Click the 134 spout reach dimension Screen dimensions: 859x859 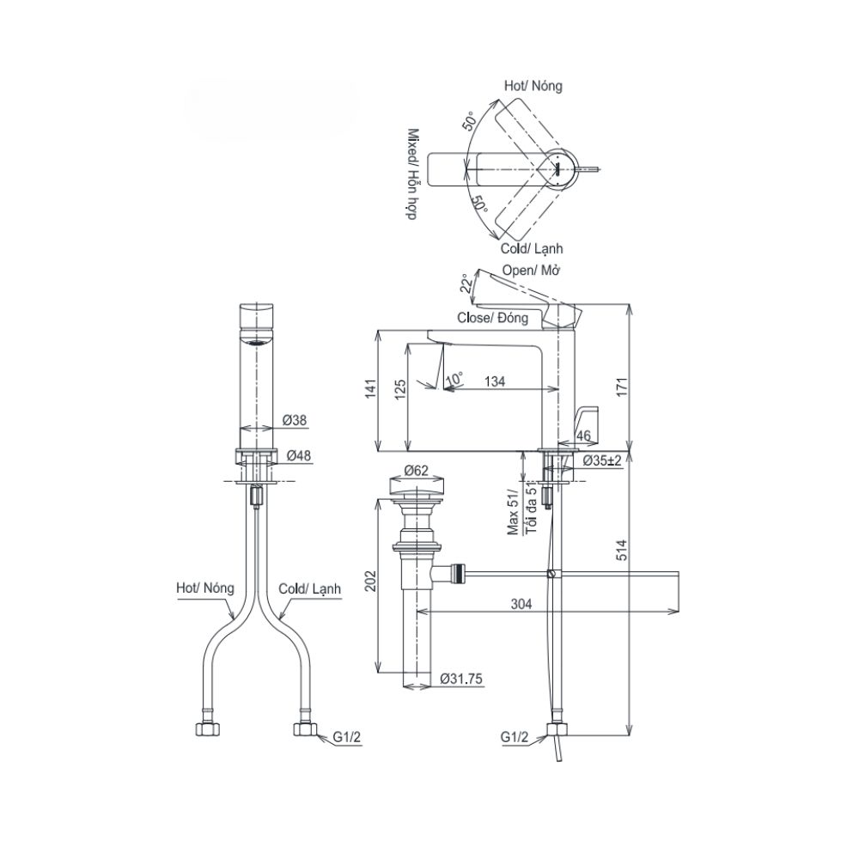pyautogui.click(x=495, y=381)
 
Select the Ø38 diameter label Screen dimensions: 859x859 pyautogui.click(x=295, y=421)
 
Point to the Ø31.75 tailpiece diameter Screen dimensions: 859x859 pyautogui.click(x=461, y=678)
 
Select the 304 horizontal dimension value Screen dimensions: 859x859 pyautogui.click(x=521, y=604)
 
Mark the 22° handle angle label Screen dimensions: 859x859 pyautogui.click(x=466, y=284)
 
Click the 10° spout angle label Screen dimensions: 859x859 pyautogui.click(x=454, y=379)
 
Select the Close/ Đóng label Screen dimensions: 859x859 pyautogui.click(x=493, y=317)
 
